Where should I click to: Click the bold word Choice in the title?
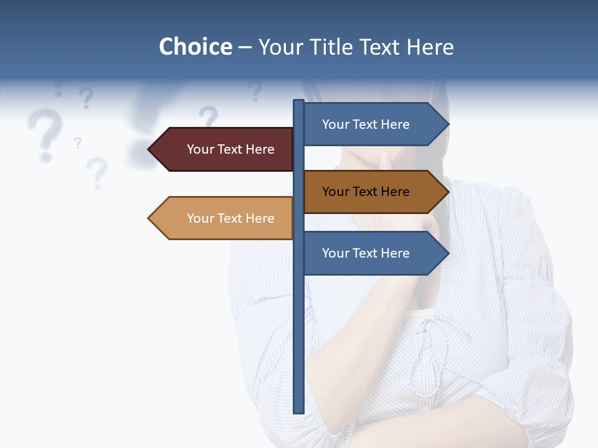195,47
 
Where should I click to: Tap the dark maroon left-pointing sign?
224,149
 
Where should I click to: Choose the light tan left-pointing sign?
224,218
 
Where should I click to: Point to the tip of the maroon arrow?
149,149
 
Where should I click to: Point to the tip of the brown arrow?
448,192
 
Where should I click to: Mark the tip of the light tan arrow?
149,218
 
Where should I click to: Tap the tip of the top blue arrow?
448,124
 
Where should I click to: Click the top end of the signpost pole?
298,101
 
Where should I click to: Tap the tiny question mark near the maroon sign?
77,143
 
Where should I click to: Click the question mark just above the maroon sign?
209,116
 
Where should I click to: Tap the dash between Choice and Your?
245,47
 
